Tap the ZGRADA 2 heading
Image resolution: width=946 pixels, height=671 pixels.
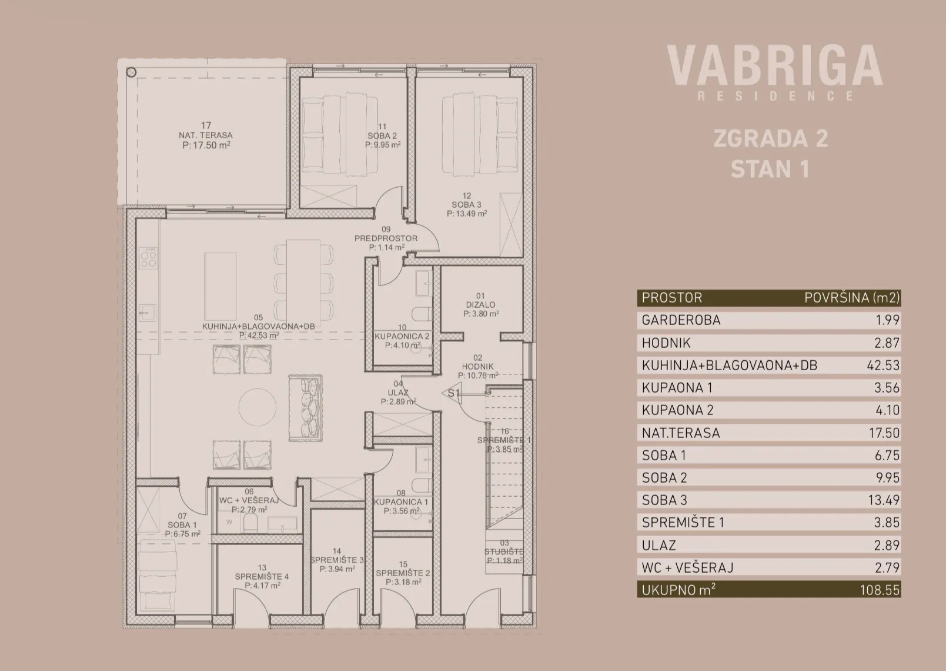(771, 138)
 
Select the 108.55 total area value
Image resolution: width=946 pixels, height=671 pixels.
(880, 590)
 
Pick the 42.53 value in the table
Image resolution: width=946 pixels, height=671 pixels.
(884, 365)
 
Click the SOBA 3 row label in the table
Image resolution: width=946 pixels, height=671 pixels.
(664, 500)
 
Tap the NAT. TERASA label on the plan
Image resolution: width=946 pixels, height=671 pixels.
(206, 135)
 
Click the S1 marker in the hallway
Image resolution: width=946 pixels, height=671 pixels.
(453, 393)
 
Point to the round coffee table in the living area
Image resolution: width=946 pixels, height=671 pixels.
(258, 407)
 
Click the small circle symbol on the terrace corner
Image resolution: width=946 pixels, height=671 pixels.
(131, 72)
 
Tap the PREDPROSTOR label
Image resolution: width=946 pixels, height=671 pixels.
(386, 238)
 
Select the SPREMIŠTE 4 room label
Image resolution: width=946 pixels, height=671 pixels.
(262, 577)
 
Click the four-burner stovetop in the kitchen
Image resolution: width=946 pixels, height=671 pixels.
(148, 259)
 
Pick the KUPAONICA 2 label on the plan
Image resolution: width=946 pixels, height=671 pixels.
(402, 337)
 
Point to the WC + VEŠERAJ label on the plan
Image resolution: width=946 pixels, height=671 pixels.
(249, 501)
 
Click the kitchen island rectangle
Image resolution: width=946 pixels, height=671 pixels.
(220, 286)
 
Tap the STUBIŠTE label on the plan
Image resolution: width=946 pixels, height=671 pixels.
(504, 552)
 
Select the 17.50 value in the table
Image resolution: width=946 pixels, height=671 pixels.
(884, 433)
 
